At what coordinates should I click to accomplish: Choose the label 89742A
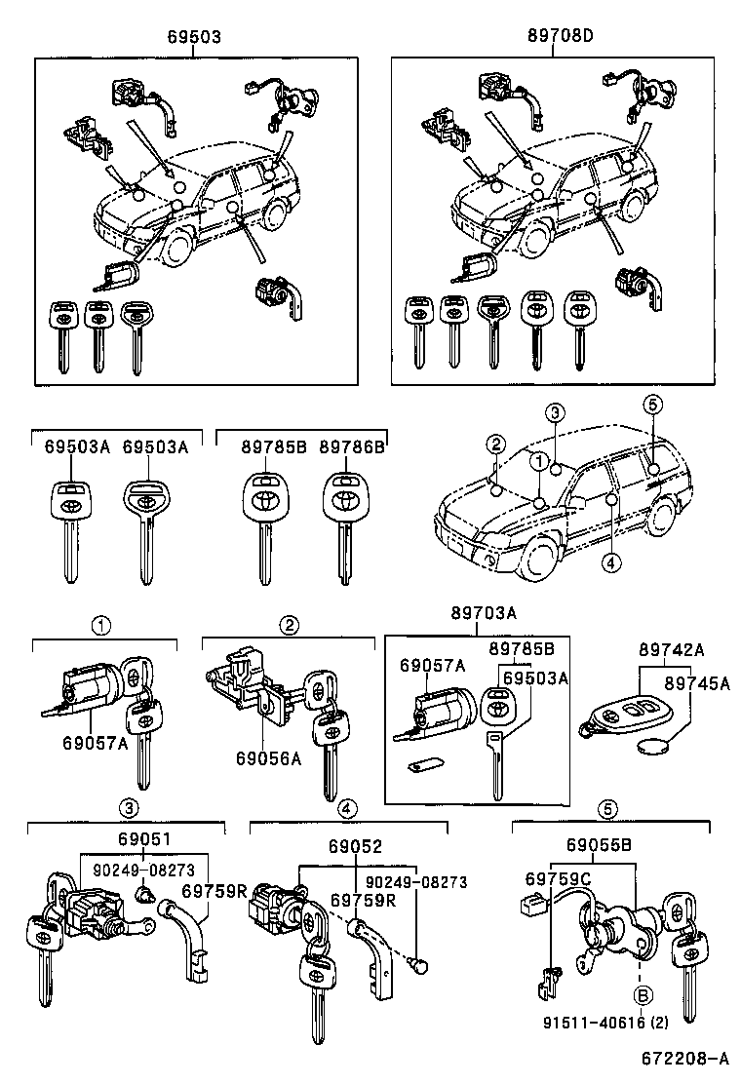tap(672, 649)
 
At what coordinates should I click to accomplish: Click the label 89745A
tap(697, 683)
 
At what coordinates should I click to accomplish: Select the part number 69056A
tap(269, 757)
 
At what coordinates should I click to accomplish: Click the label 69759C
tap(552, 881)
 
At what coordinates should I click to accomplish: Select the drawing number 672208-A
tap(684, 1058)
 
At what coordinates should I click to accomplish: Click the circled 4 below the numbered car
tap(610, 561)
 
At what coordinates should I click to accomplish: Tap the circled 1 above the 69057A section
tap(102, 623)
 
